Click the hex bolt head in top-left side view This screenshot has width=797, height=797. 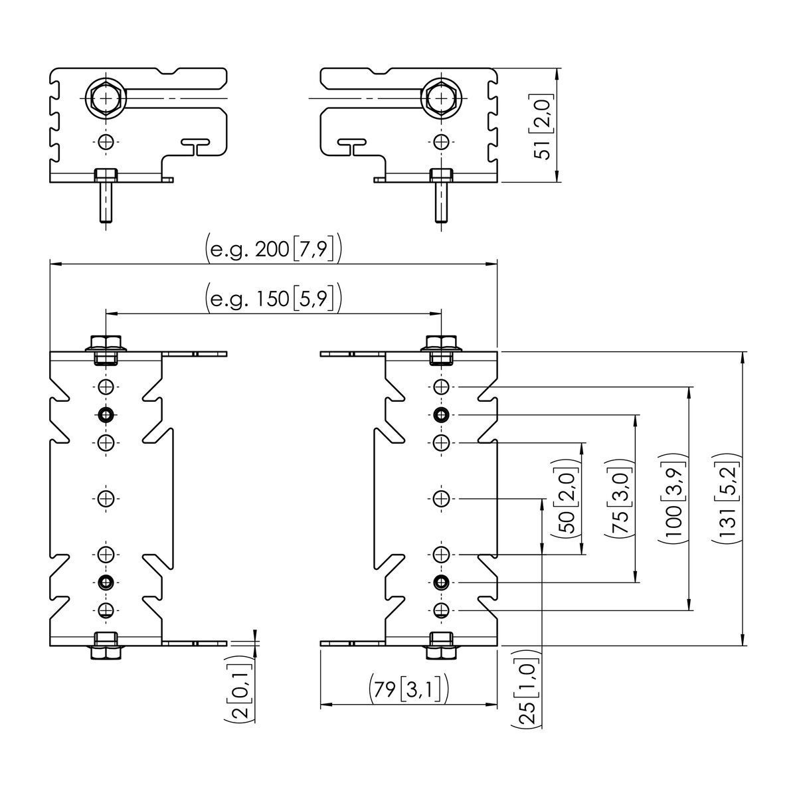pos(106,98)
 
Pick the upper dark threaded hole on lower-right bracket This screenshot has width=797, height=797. pos(440,415)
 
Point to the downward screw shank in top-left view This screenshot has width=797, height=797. pos(106,203)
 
